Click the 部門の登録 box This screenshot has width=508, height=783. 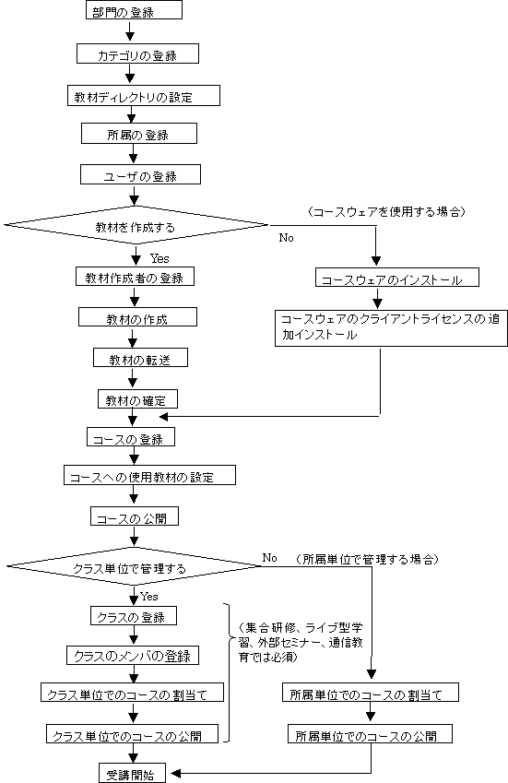point(134,10)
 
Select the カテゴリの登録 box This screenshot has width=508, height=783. point(137,53)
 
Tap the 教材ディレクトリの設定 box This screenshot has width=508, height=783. point(144,95)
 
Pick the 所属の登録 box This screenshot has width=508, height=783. point(139,134)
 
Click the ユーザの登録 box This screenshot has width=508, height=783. point(140,175)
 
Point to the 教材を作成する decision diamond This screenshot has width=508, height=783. point(136,225)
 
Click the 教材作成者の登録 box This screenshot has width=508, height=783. point(135,277)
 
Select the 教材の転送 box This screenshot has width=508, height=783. point(140,358)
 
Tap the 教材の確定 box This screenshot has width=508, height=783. point(137,399)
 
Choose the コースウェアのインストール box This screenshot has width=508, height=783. point(397,278)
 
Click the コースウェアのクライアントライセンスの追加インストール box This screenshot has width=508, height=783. point(391,328)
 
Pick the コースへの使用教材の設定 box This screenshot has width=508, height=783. point(149,475)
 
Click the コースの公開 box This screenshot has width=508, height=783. point(135,516)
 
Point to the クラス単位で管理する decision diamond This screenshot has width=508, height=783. point(133,566)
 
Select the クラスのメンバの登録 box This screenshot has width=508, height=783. point(133,655)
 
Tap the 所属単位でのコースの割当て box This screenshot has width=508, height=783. point(371,692)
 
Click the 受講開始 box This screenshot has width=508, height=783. point(132,773)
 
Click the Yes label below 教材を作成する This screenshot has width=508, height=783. point(159,258)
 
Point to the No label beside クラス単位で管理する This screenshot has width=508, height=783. point(270,557)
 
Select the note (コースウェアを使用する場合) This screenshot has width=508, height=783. point(387,211)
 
